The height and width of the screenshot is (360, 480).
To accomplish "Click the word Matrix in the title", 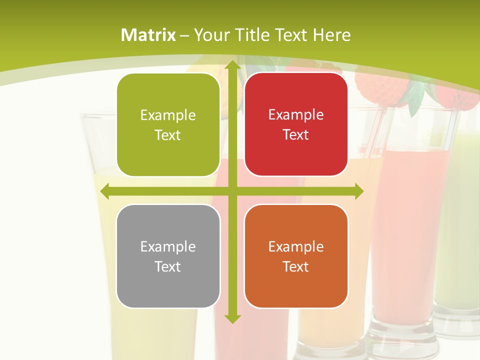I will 148,35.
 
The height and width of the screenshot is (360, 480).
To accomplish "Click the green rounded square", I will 168,125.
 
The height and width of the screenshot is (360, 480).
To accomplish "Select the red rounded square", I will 296,124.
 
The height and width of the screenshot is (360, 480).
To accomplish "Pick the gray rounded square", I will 168,256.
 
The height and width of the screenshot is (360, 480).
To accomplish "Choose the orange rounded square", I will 296,256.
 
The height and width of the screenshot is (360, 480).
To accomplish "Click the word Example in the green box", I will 168,115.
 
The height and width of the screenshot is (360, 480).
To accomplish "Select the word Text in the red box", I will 296,135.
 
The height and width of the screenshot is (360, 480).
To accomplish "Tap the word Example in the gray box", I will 168,247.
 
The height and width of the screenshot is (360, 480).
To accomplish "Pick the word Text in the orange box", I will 296,266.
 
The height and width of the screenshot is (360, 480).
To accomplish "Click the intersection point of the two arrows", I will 232,191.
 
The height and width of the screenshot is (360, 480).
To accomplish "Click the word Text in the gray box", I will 168,266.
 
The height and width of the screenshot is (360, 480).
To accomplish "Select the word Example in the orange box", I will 296,247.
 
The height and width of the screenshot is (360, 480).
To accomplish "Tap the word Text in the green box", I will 168,135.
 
